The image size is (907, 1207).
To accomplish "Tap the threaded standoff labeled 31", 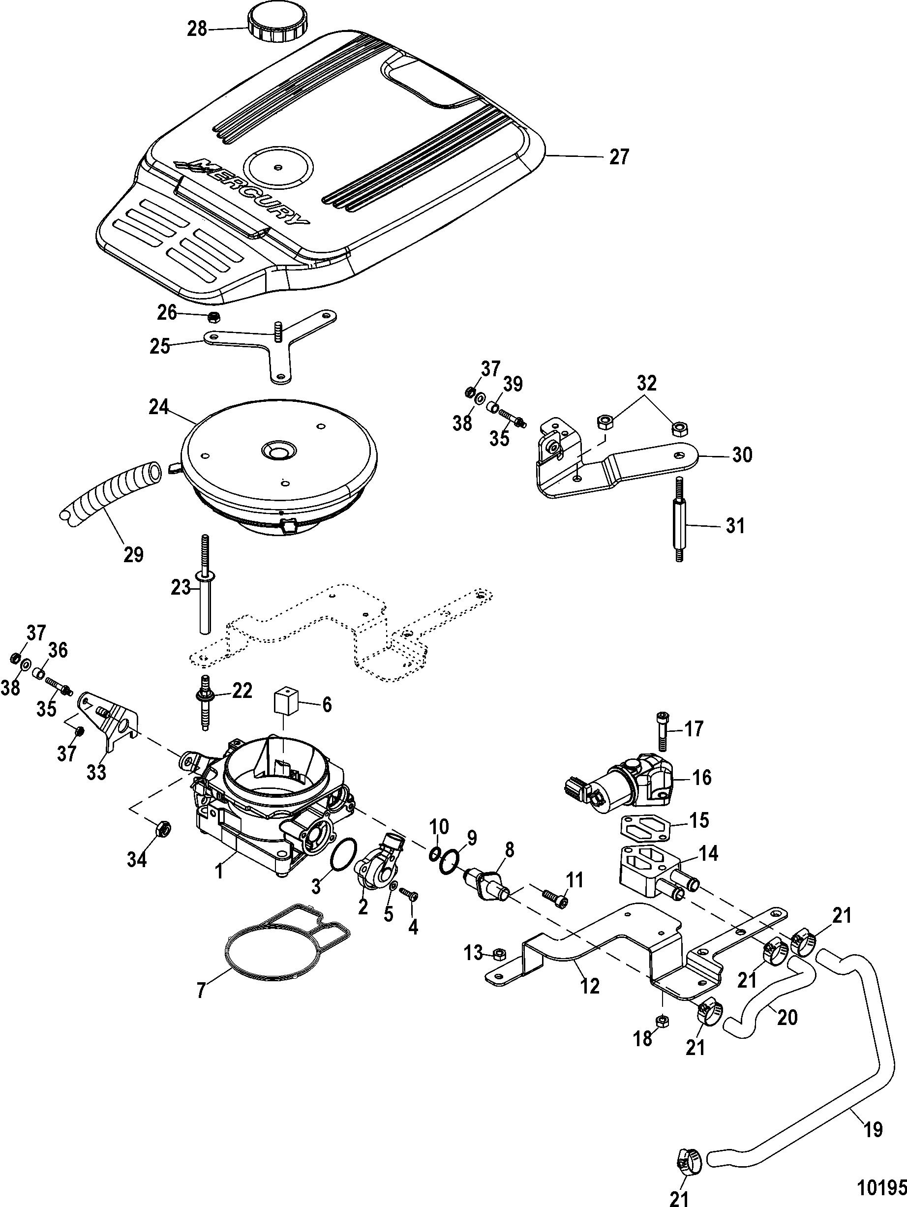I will (679, 528).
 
